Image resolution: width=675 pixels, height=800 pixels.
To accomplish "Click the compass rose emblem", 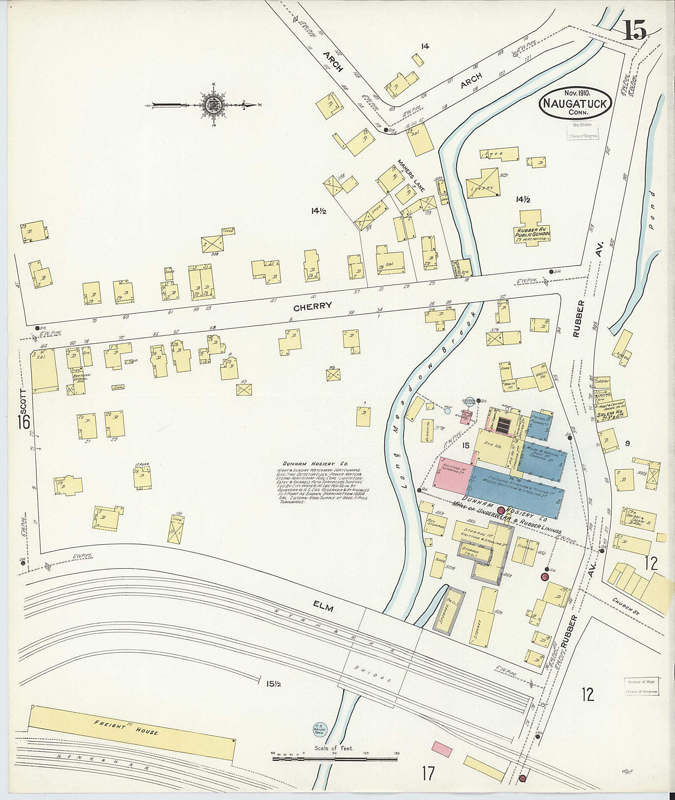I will (211, 104).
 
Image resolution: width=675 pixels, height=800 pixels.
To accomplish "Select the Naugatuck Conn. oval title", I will (575, 102).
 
